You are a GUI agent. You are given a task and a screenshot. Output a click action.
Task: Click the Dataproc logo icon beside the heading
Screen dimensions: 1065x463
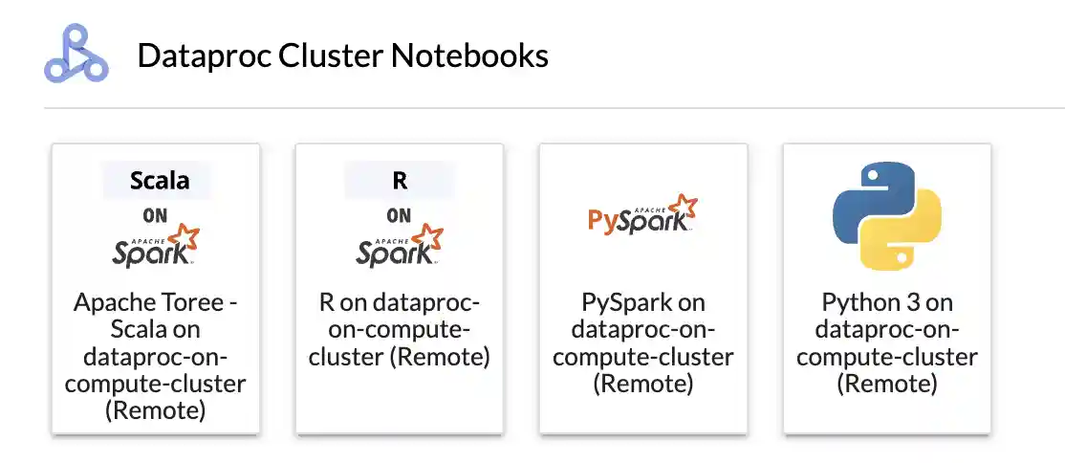pyautogui.click(x=76, y=54)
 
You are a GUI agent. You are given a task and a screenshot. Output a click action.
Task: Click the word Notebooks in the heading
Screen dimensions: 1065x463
pyautogui.click(x=469, y=55)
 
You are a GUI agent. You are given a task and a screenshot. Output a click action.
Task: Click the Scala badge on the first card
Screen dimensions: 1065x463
pyautogui.click(x=160, y=181)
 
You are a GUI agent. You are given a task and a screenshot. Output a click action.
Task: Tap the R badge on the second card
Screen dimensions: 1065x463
pyautogui.click(x=400, y=181)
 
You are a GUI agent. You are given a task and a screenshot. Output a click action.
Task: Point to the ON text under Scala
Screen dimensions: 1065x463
pyautogui.click(x=155, y=215)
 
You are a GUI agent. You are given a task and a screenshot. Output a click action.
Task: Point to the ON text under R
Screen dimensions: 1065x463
pyautogui.click(x=399, y=215)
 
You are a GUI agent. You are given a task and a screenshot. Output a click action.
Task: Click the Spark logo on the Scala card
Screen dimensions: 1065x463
pyautogui.click(x=156, y=246)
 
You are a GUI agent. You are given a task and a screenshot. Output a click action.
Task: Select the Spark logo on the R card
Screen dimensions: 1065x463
pyautogui.click(x=400, y=246)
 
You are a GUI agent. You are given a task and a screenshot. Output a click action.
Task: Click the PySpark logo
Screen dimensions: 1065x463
pyautogui.click(x=643, y=214)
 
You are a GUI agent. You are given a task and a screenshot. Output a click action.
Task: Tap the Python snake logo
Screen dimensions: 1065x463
pyautogui.click(x=887, y=216)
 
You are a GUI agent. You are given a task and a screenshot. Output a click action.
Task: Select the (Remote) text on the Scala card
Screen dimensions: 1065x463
pyautogui.click(x=156, y=411)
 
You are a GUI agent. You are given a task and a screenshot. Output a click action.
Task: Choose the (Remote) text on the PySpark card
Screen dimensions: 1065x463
pyautogui.click(x=643, y=385)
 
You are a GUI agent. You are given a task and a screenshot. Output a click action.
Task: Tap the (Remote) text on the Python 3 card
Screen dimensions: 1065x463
pyautogui.click(x=887, y=385)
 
